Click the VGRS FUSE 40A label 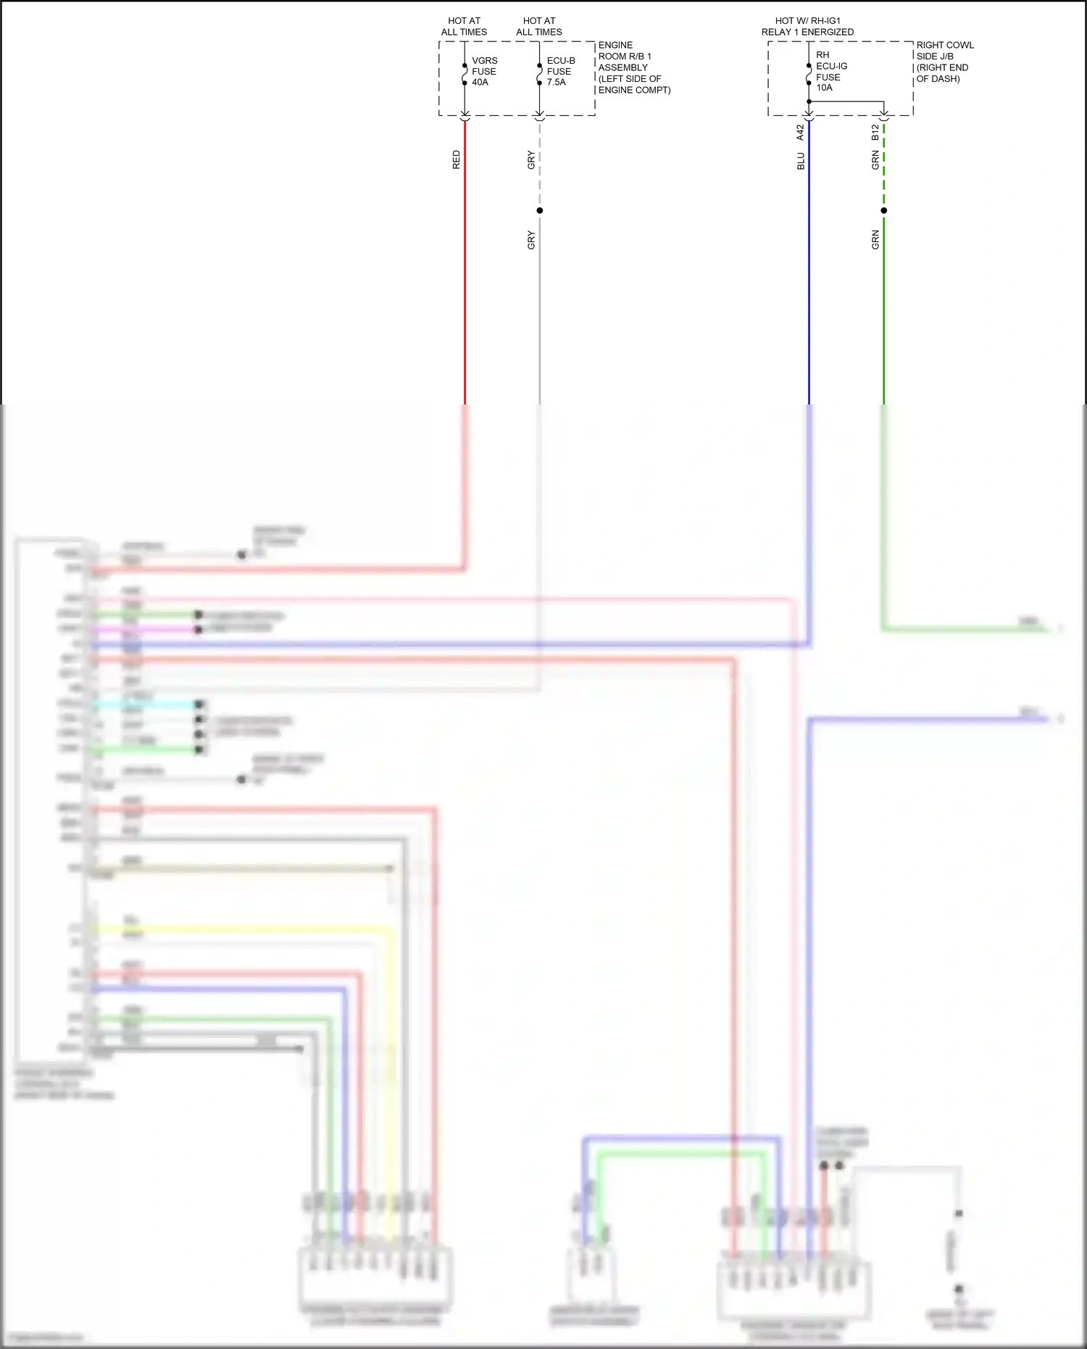point(484,71)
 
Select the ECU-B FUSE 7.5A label point(560,71)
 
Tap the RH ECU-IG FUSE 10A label point(830,71)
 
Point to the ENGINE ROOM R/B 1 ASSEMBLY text point(633,67)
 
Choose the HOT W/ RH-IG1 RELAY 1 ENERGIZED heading point(807,27)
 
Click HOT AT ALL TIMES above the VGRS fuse point(464,27)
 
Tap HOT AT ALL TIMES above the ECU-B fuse point(539,27)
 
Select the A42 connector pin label point(800,133)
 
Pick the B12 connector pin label point(875,133)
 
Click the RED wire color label point(456,160)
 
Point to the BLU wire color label point(801,161)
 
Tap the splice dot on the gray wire point(539,211)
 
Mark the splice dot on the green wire point(883,211)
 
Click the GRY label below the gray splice point(531,241)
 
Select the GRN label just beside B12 point(875,161)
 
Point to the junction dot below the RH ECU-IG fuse point(809,101)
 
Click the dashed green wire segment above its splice point(883,174)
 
